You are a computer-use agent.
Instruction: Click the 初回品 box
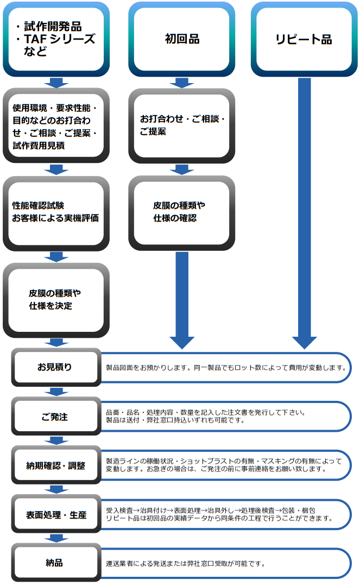182,39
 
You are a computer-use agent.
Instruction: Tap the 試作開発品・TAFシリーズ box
56,39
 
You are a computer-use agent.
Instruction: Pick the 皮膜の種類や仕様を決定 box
56,299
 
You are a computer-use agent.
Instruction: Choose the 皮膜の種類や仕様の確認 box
182,212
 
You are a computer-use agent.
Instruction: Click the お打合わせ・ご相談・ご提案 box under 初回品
182,125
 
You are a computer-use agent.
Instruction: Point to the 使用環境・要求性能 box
56,125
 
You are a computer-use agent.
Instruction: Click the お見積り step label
56,367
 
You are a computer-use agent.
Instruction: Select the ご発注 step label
56,417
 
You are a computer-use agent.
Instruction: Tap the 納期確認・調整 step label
56,465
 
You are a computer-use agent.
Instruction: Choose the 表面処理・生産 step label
56,514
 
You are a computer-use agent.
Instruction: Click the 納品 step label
56,563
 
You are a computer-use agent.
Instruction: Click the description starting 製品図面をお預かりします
225,367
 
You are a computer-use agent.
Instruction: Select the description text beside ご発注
206,416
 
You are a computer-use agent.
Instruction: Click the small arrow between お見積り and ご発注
56,392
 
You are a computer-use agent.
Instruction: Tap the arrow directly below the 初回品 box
182,83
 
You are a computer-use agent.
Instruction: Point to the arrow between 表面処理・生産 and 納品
56,538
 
